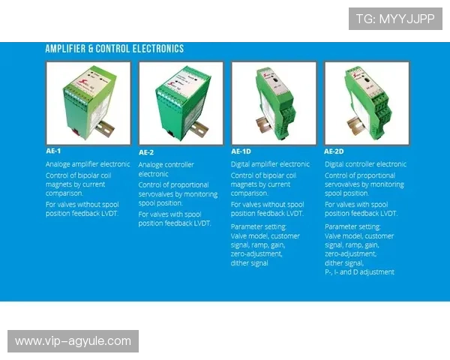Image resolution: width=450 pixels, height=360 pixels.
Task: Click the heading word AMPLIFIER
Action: point(65,49)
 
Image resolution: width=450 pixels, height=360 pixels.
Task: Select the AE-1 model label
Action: point(53,151)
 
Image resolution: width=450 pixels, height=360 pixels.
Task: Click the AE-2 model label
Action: point(146,152)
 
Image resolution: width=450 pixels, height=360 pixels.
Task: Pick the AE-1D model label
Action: point(241,151)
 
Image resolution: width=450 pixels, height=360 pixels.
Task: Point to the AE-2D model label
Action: point(334,151)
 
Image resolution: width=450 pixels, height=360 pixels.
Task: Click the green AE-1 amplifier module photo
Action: point(88,103)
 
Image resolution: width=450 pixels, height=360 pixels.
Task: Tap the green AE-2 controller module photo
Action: point(181,103)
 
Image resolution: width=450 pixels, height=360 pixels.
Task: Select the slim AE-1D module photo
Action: point(274,103)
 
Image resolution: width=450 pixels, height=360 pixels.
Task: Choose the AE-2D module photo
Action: point(367,103)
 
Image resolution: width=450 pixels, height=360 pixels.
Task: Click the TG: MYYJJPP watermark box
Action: point(395,19)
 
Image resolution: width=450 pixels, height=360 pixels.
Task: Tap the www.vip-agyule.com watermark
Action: point(73,341)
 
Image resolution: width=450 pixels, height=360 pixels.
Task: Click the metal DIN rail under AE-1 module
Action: point(104,128)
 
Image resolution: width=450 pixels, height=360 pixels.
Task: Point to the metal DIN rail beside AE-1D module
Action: point(263,124)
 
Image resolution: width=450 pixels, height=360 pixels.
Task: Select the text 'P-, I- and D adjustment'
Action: point(359,271)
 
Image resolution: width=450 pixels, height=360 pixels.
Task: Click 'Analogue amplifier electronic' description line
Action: point(88,164)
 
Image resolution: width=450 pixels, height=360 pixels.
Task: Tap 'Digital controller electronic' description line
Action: point(366,164)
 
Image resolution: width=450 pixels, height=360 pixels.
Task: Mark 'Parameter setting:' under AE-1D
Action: point(259,226)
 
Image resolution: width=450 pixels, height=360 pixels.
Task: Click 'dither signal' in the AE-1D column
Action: point(250,263)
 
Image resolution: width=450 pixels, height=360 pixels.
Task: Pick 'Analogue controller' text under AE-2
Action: point(166,165)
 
